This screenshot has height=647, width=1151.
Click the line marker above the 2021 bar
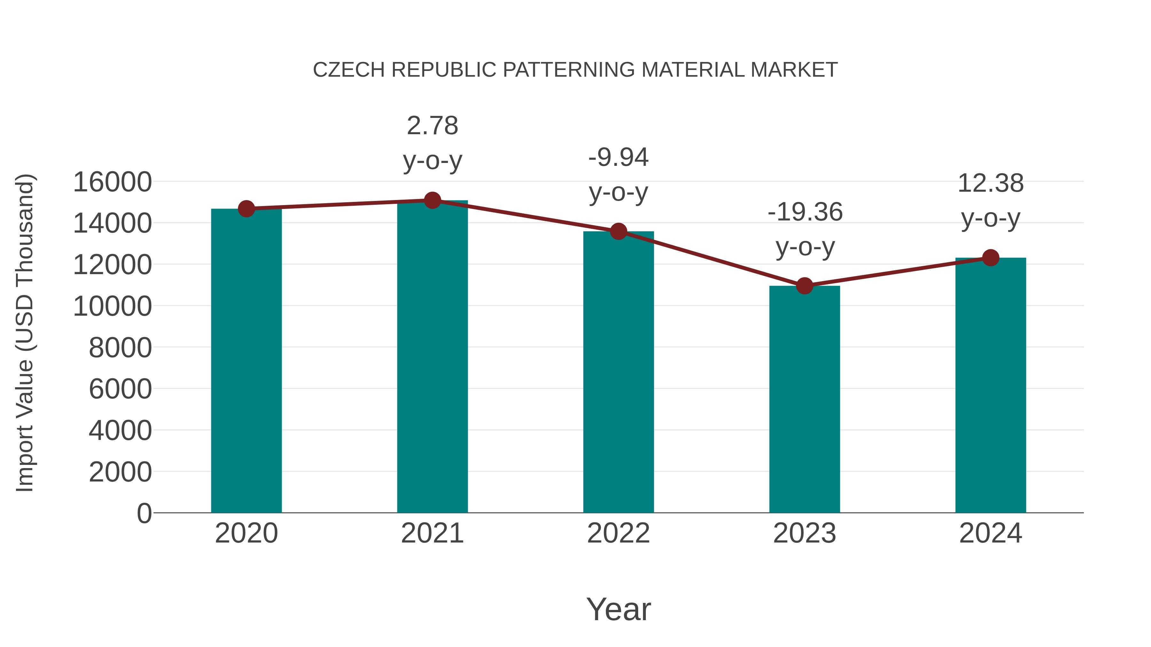[432, 200]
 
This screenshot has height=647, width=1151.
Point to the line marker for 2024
[990, 258]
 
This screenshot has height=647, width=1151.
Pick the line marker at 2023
[804, 286]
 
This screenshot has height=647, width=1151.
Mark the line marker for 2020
[246, 209]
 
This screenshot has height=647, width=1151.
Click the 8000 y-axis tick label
[120, 348]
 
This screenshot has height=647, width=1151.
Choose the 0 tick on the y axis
[144, 513]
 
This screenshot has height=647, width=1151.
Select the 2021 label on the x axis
[432, 533]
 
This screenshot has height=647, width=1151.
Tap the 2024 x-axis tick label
[990, 533]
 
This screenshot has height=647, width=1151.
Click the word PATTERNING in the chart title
[568, 70]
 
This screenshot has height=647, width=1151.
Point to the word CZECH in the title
[348, 70]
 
